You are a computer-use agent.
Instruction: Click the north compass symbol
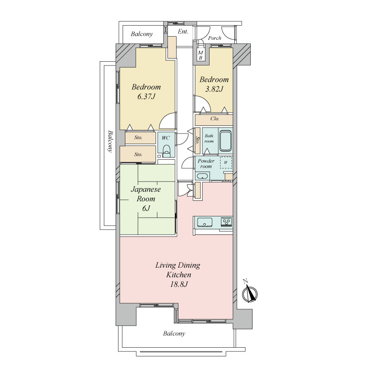249,293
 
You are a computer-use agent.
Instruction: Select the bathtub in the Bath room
225,141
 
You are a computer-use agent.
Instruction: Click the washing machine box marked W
226,162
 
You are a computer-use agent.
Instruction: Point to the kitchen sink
205,222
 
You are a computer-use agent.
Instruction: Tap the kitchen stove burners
226,222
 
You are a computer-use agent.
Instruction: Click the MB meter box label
200,55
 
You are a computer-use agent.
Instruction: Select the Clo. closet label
215,118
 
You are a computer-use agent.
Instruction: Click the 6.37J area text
146,97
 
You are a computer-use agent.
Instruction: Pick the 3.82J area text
214,89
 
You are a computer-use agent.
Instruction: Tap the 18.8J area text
178,284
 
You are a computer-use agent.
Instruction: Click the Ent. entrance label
183,31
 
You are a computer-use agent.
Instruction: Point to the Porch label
215,38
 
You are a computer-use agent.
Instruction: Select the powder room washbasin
202,176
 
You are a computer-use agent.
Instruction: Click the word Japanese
145,189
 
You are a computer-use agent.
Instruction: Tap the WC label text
166,138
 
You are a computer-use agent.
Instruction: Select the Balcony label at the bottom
174,334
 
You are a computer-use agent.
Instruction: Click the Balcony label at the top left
142,34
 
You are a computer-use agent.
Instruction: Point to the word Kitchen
178,274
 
